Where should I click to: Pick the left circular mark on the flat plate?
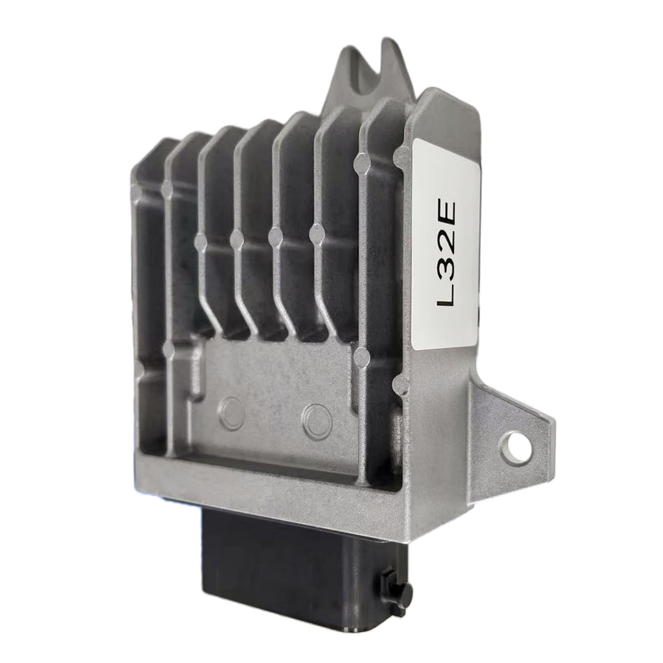[231, 414]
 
